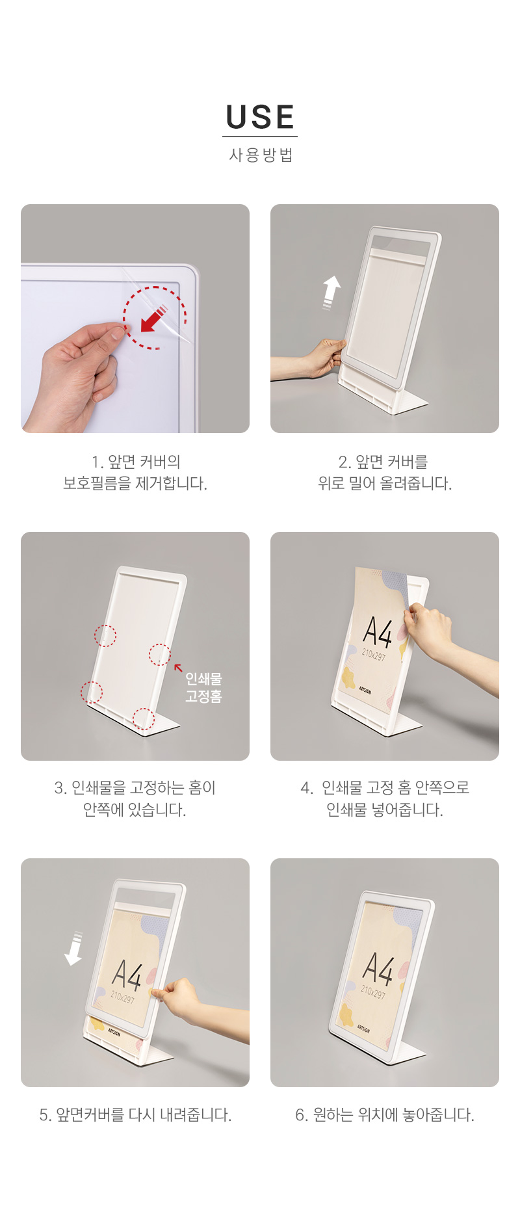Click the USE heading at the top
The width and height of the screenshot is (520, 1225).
pyautogui.click(x=260, y=117)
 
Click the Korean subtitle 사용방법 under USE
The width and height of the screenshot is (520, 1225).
pyautogui.click(x=261, y=155)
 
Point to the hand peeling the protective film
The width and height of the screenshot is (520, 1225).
pyautogui.click(x=79, y=377)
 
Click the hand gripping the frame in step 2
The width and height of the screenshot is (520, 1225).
pyautogui.click(x=322, y=358)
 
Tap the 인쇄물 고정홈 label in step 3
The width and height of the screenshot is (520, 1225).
pyautogui.click(x=203, y=687)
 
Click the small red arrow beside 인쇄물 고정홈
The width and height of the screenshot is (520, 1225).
pyautogui.click(x=178, y=667)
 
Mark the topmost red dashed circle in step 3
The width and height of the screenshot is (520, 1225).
pyautogui.click(x=105, y=635)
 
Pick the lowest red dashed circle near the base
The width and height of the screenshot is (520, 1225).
pyautogui.click(x=144, y=719)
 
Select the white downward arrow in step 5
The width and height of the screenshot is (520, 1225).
pyautogui.click(x=73, y=949)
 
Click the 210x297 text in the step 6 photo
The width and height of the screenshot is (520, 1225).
pyautogui.click(x=373, y=993)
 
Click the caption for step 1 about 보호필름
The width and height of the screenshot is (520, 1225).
pyautogui.click(x=135, y=473)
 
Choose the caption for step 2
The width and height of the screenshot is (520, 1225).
pyautogui.click(x=385, y=473)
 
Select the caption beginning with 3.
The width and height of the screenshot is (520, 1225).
pyautogui.click(x=135, y=799)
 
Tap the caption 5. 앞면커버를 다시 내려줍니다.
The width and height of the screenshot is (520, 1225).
pyautogui.click(x=135, y=1115)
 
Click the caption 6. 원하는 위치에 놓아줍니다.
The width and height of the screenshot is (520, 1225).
pyautogui.click(x=385, y=1115)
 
